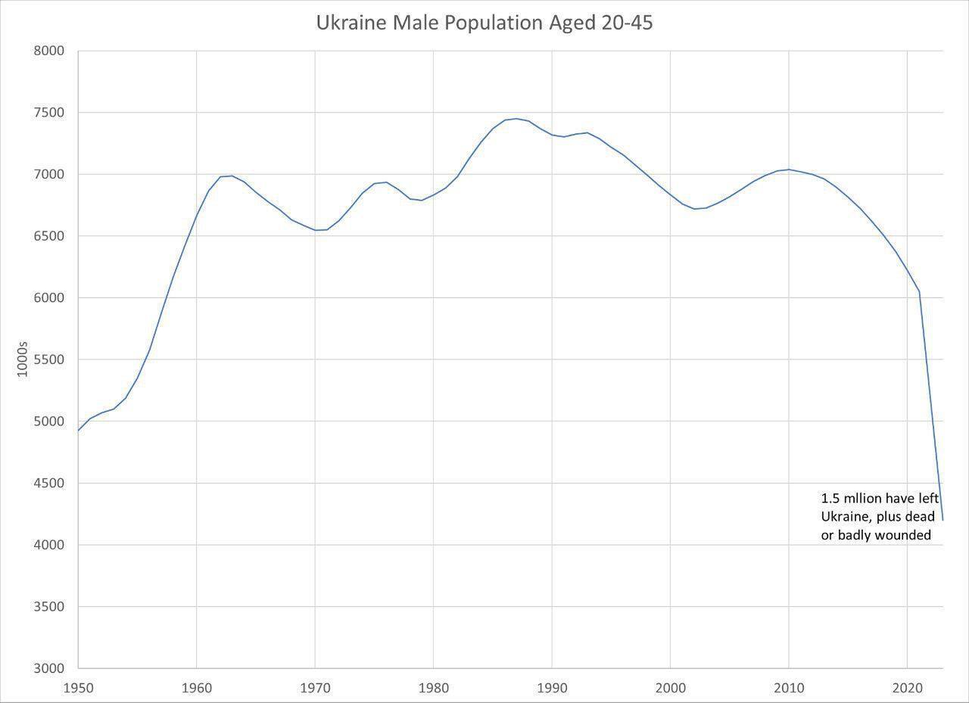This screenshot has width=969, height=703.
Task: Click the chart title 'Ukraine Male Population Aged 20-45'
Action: pos(484,23)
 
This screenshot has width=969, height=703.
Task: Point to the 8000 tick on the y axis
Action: pos(49,51)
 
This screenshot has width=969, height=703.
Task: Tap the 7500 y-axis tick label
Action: pos(49,113)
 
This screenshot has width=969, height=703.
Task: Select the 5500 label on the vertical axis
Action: pos(49,359)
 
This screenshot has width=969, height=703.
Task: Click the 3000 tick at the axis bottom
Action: pos(49,668)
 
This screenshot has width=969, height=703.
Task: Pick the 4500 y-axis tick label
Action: pos(49,483)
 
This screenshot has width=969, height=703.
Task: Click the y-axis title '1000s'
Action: pos(22,359)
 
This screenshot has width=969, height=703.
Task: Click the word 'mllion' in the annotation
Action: pos(866,499)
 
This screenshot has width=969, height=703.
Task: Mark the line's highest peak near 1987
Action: pos(516,118)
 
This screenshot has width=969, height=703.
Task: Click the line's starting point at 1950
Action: pos(78,431)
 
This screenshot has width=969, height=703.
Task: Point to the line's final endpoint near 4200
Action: pos(943,520)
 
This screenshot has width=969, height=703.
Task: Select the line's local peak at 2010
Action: pos(789,170)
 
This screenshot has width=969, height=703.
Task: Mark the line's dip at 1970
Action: pos(315,230)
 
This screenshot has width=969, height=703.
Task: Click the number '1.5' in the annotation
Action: pos(830,499)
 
